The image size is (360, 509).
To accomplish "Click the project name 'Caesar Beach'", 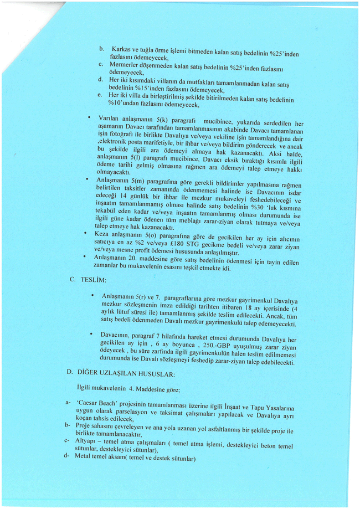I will (97, 402).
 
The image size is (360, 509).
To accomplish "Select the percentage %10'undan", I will (127, 104).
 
